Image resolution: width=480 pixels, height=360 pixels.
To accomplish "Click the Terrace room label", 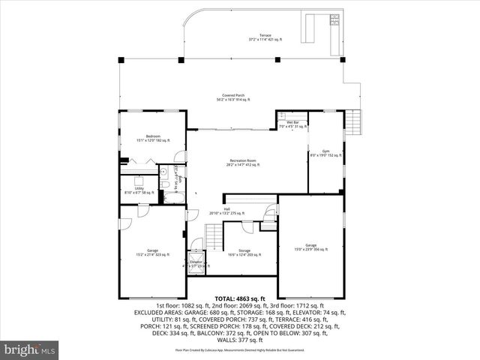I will pyautogui.click(x=265, y=37).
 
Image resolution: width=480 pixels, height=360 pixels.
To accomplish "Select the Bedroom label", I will pyautogui.click(x=153, y=138).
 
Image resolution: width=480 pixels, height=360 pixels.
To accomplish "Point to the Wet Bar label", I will pyautogui.click(x=292, y=124).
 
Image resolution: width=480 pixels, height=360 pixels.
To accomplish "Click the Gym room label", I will pyautogui.click(x=325, y=154).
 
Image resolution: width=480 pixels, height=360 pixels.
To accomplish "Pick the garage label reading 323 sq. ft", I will pyautogui.click(x=152, y=252).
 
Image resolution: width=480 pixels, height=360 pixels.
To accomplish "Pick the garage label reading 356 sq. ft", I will pyautogui.click(x=311, y=247).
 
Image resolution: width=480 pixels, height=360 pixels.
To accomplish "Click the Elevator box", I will pyautogui.click(x=196, y=263).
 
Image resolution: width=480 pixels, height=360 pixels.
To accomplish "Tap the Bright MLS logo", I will pyautogui.click(x=30, y=349).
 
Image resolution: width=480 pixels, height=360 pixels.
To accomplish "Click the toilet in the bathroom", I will pyautogui.click(x=163, y=172).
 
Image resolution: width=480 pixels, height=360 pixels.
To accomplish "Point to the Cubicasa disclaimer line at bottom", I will pyautogui.click(x=239, y=350).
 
